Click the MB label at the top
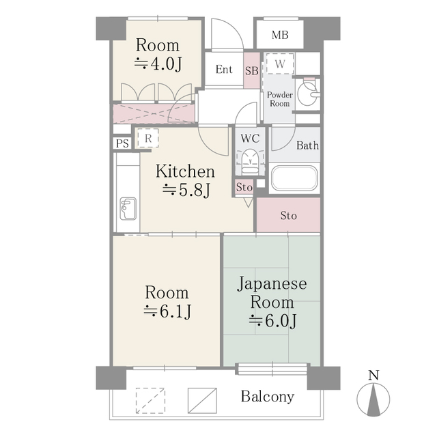pyautogui.click(x=280, y=36)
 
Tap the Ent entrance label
pyautogui.click(x=224, y=70)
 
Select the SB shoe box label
pyautogui.click(x=251, y=70)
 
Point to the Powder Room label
pyautogui.click(x=279, y=99)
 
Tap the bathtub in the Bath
pyautogui.click(x=294, y=180)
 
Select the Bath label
pyautogui.click(x=307, y=145)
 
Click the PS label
pyautogui.click(x=122, y=143)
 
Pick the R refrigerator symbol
pyautogui.click(x=147, y=138)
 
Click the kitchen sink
pyautogui.click(x=127, y=206)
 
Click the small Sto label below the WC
pyautogui.click(x=244, y=187)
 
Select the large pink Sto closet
pyautogui.click(x=289, y=216)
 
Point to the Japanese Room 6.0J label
pyautogui.click(x=272, y=301)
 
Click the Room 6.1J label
pyautogui.click(x=167, y=302)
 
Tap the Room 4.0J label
pyautogui.click(x=158, y=55)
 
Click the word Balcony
pyautogui.click(x=267, y=397)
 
